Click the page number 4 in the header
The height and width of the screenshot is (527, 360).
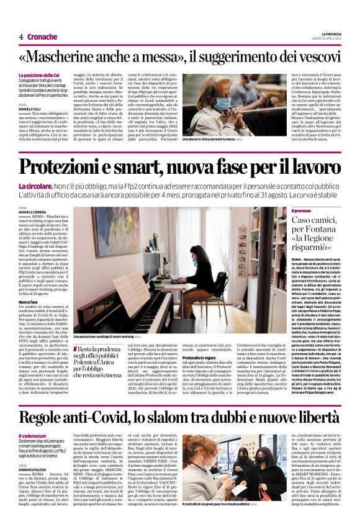pos(21,37)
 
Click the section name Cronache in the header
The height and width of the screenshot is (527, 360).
pos(43,37)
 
